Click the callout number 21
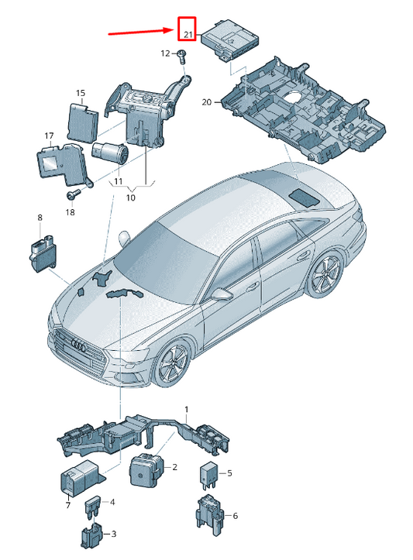tap(188, 35)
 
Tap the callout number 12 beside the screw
tap(165, 53)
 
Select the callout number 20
tap(206, 102)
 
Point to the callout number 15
tap(81, 93)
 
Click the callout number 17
tap(49, 136)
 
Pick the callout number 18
tap(70, 212)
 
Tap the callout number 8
tap(40, 218)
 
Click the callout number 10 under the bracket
tap(131, 198)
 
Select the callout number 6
tap(235, 516)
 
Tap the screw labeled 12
tap(182, 56)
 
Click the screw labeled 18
tap(74, 194)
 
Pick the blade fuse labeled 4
tap(92, 507)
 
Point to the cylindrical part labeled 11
tap(110, 153)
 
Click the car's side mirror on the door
tap(222, 294)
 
